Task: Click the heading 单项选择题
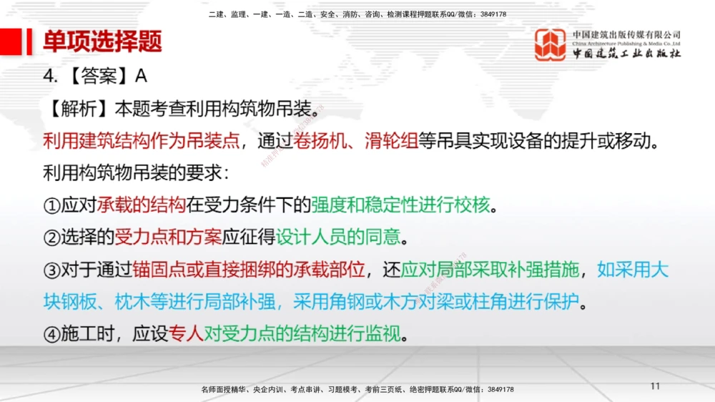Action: point(102,41)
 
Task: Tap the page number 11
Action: point(655,386)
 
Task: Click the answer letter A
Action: point(141,77)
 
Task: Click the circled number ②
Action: point(51,237)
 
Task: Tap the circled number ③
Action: point(51,271)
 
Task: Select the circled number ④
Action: point(51,334)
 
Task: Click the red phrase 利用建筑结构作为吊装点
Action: point(141,141)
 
